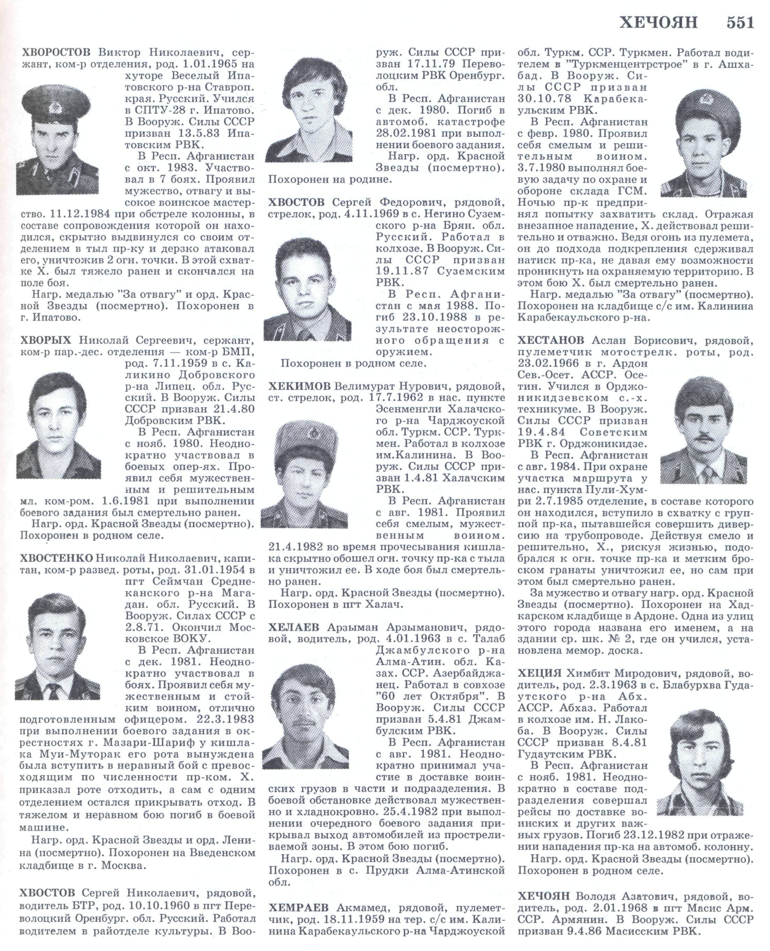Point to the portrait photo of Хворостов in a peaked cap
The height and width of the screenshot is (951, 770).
[x=57, y=140]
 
